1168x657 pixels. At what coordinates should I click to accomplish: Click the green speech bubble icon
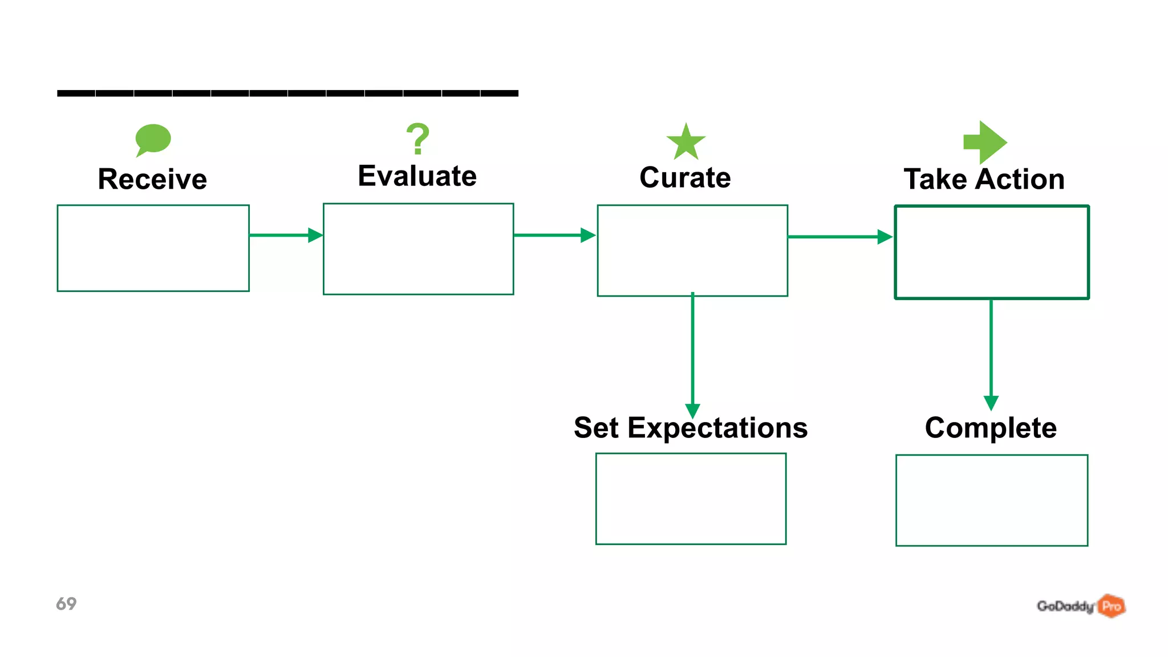coord(153,139)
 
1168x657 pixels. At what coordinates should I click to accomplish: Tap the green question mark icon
coord(418,139)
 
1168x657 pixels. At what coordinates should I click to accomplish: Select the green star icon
coord(686,142)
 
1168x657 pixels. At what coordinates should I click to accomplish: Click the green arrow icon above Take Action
coord(985,142)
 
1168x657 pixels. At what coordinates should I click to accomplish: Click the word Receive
coord(152,179)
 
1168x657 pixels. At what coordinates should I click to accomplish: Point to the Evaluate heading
coord(417,176)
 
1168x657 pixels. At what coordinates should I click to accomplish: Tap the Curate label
coord(685,177)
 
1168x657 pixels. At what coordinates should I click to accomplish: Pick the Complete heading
coord(991,428)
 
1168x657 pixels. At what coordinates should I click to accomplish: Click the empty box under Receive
coord(153,248)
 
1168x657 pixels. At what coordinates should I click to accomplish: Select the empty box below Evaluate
coord(418,249)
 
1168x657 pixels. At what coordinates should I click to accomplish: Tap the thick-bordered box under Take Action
coord(991,252)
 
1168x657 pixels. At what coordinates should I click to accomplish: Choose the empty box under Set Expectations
coord(691,499)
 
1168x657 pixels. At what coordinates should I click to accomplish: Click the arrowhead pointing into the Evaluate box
coord(315,235)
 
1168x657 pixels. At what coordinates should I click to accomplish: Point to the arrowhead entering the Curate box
coord(588,235)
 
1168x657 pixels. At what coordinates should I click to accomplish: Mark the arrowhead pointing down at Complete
coord(991,403)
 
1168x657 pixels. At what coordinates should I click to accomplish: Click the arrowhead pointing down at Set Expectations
coord(692,411)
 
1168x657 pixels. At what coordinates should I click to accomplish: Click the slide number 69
coord(66,603)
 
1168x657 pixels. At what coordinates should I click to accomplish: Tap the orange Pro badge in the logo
coord(1112,606)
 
